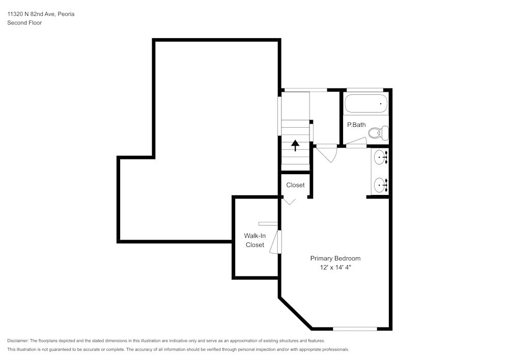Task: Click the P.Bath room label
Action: coord(356,125)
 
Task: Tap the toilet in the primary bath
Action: coord(378,133)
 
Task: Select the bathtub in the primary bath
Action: coord(365,104)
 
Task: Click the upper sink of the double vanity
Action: coord(379,158)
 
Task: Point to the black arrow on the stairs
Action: coord(295,146)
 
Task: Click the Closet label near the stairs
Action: coord(295,185)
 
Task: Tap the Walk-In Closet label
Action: coord(255,240)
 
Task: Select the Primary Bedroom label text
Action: coord(335,258)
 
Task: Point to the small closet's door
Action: coord(289,201)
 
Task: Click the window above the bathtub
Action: coord(364,90)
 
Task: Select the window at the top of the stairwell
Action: coord(305,90)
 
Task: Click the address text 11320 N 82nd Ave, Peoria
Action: coord(41,14)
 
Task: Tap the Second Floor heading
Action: coord(24,23)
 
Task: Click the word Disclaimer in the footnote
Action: coord(18,341)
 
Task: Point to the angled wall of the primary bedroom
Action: coord(295,312)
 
